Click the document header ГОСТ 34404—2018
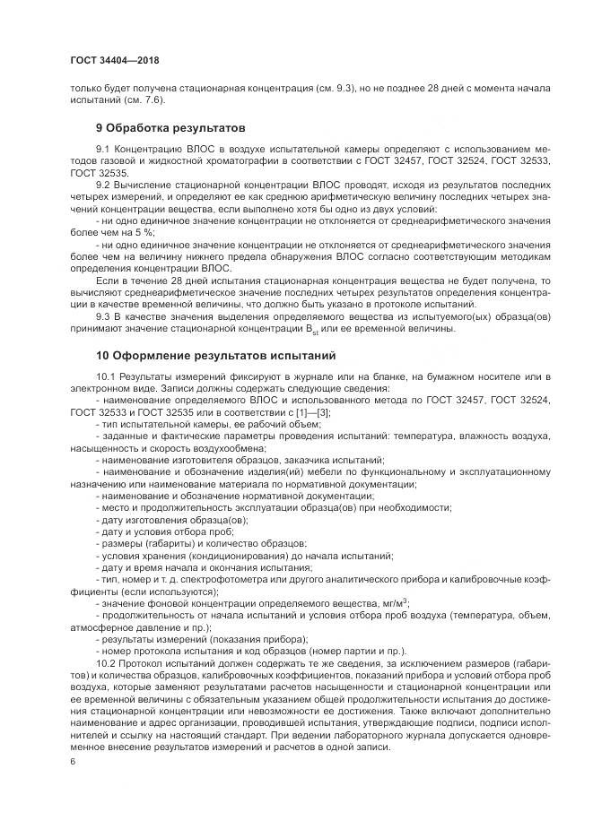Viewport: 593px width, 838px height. (113, 60)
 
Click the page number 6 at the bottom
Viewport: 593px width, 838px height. (72, 761)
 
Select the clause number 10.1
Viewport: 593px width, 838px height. (107, 376)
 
